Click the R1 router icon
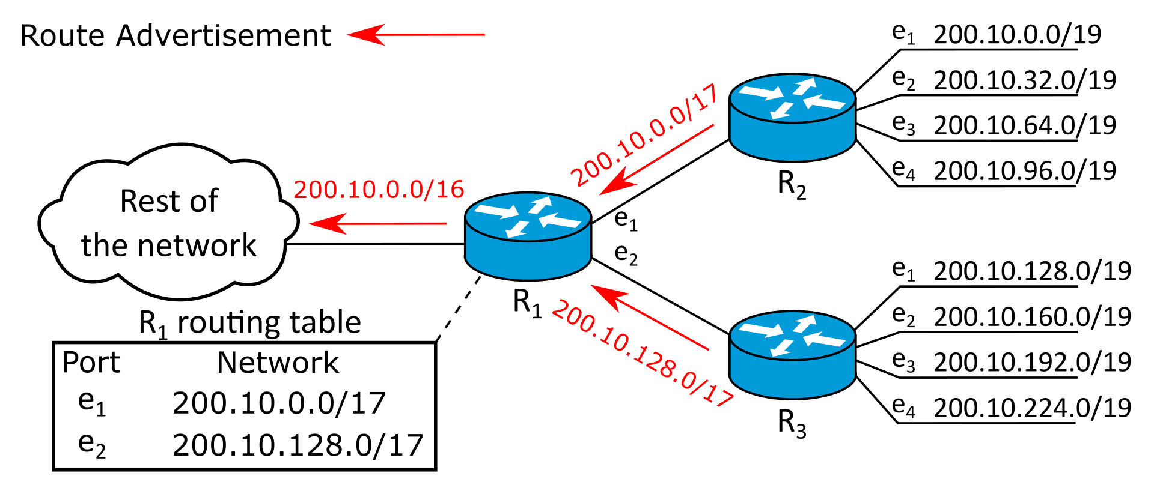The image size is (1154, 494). pos(528,236)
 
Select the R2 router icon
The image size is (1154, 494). pos(792,118)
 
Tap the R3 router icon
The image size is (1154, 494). pos(792,355)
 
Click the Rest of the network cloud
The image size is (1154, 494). pos(168,222)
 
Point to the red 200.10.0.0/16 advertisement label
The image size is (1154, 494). pos(379,189)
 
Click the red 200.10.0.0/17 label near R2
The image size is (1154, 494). pos(644,135)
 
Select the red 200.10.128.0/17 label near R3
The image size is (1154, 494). pos(642,355)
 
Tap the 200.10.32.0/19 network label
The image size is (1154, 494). pos(1025,80)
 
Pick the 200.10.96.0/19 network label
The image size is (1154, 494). pos(1025,171)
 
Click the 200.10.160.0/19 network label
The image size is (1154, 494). pos(1032,316)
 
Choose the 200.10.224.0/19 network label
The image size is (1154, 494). pos(1032,408)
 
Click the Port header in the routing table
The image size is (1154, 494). pos(91,363)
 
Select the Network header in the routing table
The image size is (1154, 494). pos(278,363)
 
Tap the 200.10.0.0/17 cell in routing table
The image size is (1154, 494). pos(279,403)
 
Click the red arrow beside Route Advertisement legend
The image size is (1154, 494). pos(416,35)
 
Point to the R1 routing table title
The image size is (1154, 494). pos(249,323)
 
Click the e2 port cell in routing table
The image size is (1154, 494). pos(92,445)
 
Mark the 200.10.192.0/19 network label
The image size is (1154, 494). pos(1032,362)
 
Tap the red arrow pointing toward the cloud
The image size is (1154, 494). pos(377,224)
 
